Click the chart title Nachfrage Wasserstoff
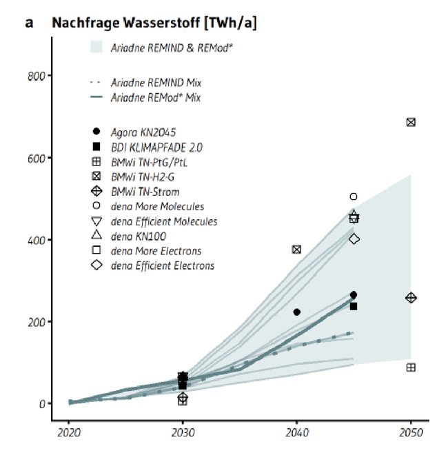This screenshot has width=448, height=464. pos(154,23)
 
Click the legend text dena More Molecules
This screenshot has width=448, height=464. pos(157,206)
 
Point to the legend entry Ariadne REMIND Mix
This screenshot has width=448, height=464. pos(156,83)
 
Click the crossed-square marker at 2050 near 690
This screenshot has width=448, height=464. pos(411,122)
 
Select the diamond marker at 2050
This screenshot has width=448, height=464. pos(411,298)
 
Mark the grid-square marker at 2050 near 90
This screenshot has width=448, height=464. pos(411,367)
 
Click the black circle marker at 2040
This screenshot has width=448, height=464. pos(296,312)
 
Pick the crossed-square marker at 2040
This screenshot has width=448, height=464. pos(296,250)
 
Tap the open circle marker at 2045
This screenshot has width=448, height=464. pos(354,197)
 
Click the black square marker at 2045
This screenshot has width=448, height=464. pos(354,306)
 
